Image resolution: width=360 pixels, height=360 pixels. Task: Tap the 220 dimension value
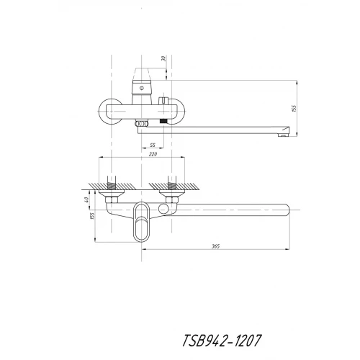(141, 153)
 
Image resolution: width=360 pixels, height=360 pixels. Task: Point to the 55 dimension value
(153, 145)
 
